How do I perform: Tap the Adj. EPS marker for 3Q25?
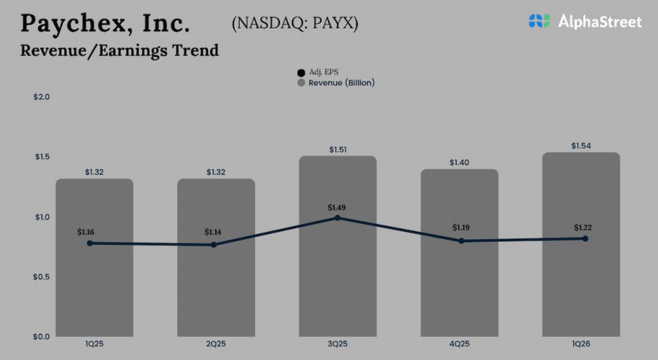coord(337,218)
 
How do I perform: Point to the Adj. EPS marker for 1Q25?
coord(90,243)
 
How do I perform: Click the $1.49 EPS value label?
coord(337,208)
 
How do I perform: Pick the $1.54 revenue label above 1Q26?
coord(581,146)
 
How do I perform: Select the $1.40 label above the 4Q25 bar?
coord(459,163)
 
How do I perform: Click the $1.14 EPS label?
coord(215,231)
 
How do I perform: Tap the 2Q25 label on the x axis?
coord(216,345)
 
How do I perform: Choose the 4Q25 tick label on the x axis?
coord(459,345)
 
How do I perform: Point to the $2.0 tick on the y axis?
coord(42,96)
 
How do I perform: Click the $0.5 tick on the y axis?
coord(42,276)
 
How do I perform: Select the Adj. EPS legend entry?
coord(319,72)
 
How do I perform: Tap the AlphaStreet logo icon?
coord(540,21)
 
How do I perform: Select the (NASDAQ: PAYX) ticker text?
coord(295,23)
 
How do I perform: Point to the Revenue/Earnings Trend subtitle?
coord(120,50)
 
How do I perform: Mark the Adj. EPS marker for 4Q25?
coord(461,241)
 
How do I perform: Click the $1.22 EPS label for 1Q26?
coord(583,228)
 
